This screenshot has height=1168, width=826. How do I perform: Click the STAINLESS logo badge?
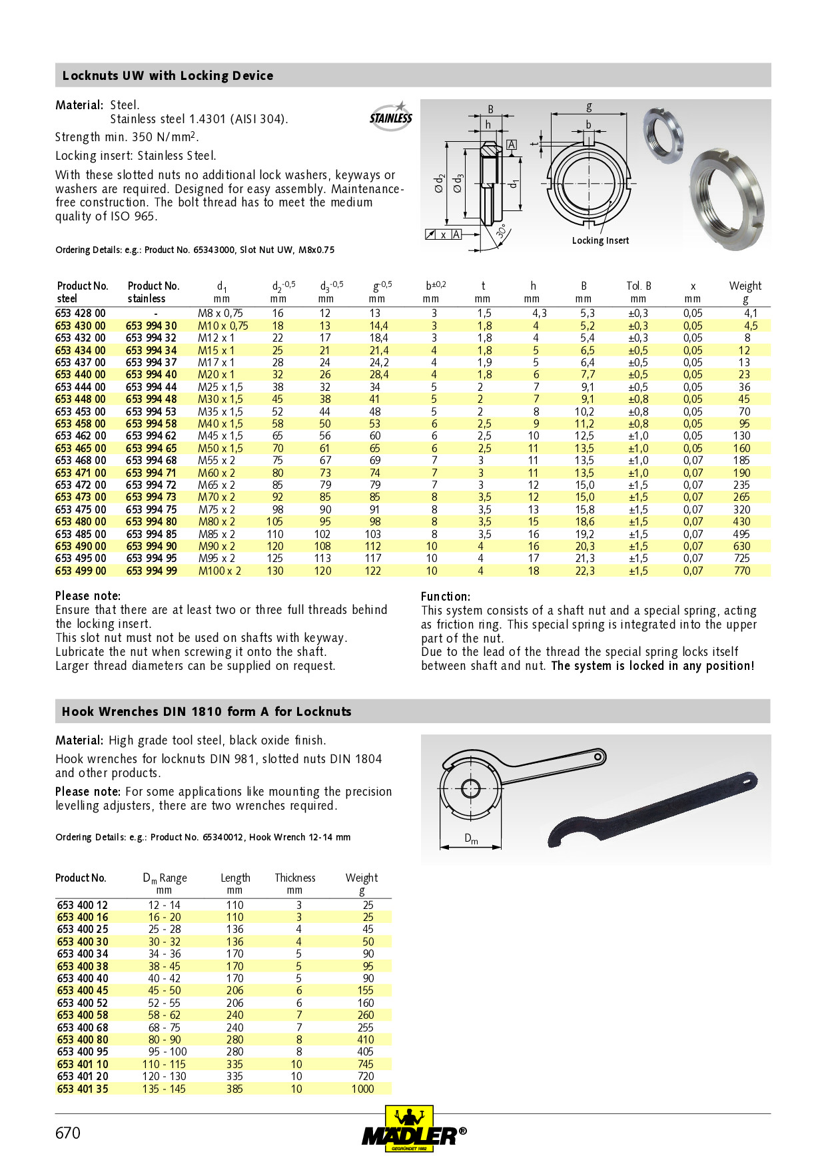391,117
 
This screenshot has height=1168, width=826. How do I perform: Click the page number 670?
68,1133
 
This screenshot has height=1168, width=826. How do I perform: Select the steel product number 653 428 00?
81,313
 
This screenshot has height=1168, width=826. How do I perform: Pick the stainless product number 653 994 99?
152,571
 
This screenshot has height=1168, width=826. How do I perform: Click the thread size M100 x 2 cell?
220,571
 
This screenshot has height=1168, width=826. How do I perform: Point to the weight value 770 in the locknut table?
741,571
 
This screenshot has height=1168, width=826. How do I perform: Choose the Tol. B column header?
638,286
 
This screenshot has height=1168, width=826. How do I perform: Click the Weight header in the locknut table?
745,286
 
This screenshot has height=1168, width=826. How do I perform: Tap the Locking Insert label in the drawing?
600,240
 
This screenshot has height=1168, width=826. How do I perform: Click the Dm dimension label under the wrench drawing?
471,839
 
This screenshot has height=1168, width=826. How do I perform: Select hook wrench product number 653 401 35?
83,1089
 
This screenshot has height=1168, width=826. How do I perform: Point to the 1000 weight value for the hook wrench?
363,1089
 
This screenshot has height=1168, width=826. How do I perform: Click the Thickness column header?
295,878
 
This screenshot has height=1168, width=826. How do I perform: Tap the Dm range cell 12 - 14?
164,905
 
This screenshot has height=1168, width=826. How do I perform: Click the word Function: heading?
445,597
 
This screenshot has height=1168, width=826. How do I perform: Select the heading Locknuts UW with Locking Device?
168,75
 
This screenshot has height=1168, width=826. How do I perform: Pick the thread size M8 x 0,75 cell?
220,313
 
